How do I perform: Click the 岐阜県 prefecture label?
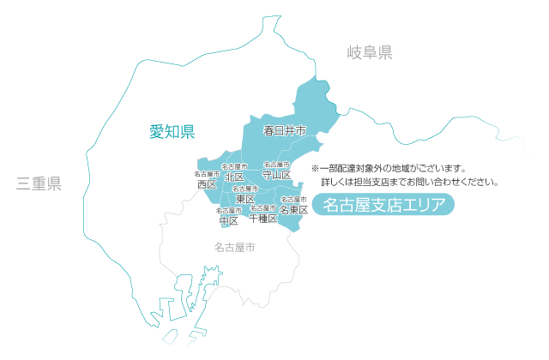coord(370,53)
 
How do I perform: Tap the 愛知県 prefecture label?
coord(172,131)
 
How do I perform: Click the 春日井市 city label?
coord(284,131)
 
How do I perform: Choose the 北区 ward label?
coord(234,177)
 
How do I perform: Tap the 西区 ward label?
coord(206,184)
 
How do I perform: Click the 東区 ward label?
coord(244,199)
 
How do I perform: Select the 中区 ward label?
coord(228,220)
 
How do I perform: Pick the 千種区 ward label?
coord(262,219)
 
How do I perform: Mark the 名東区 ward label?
coord(294,210)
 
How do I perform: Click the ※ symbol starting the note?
coord(315,168)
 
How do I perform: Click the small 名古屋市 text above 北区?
coord(234,165)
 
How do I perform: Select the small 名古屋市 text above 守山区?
coord(276,164)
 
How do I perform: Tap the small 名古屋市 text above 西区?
coord(206,174)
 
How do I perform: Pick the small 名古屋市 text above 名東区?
coord(294,200)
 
